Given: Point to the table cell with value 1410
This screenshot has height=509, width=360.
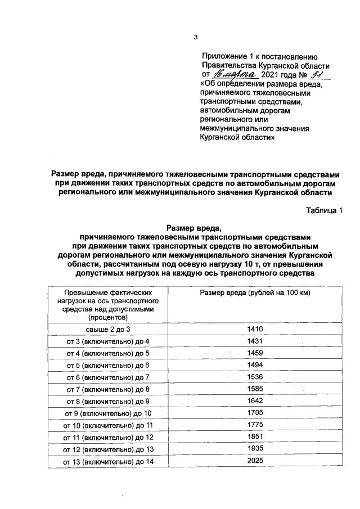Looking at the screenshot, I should pyautogui.click(x=255, y=329).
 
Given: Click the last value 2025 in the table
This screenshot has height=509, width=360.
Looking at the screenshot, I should pyautogui.click(x=255, y=461).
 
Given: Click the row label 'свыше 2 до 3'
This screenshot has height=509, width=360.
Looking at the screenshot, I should pyautogui.click(x=107, y=330).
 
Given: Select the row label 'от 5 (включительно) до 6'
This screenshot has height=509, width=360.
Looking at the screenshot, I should pyautogui.click(x=107, y=366).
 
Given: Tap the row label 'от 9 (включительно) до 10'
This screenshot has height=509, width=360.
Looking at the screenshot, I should pyautogui.click(x=107, y=413).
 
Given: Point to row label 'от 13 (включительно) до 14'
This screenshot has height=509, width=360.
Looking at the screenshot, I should pyautogui.click(x=107, y=461).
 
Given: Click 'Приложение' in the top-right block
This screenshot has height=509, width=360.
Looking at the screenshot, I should pyautogui.click(x=224, y=56).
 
